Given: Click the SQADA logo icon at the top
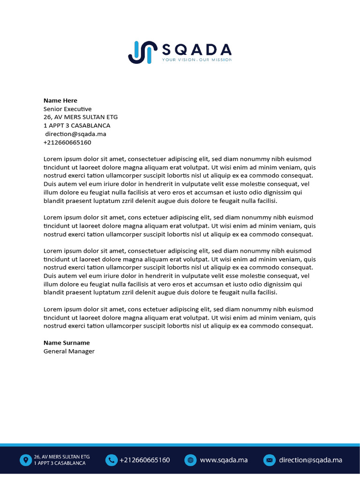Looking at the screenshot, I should click(x=142, y=52).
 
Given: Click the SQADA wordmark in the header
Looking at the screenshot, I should click(x=196, y=49).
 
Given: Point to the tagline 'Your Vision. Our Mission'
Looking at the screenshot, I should click(x=196, y=60).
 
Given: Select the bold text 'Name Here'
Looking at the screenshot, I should click(x=60, y=100).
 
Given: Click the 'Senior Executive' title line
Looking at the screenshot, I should click(x=67, y=109).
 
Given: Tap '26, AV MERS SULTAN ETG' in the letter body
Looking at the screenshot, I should click(x=81, y=117).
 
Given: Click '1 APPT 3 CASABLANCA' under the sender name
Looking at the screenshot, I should click(x=77, y=126).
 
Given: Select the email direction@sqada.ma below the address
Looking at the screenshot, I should click(x=75, y=134).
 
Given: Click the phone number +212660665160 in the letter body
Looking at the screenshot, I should click(x=67, y=142).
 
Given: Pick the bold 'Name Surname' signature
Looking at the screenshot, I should click(x=67, y=343).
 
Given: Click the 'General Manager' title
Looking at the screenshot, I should click(x=69, y=351).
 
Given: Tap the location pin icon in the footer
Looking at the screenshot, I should click(x=25, y=460).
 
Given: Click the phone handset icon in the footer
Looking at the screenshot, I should click(x=111, y=460).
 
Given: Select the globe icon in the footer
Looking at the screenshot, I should click(x=190, y=460).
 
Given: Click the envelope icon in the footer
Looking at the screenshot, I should click(x=269, y=460).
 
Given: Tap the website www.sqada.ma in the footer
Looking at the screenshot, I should click(x=224, y=460).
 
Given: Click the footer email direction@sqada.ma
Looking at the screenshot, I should click(x=310, y=460).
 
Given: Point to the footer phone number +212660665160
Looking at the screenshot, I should click(x=144, y=460).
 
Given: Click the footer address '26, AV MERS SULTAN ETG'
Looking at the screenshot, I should click(x=61, y=457).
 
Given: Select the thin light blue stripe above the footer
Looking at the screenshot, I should click(x=180, y=444).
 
